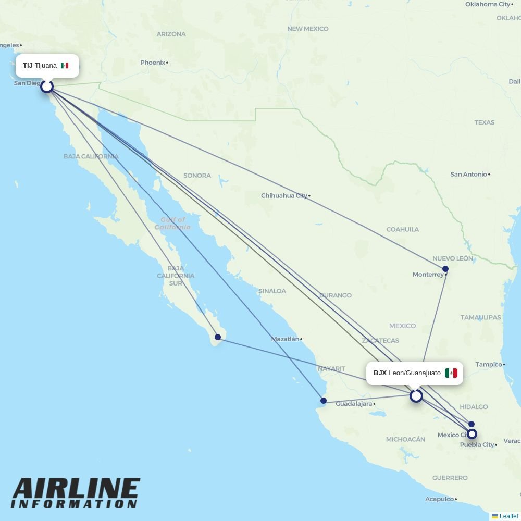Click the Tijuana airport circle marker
47,86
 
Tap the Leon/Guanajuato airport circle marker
416,396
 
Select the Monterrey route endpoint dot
445,269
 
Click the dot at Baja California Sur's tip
218,337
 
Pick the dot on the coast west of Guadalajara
324,401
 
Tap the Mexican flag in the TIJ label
65,66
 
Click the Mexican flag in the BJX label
451,373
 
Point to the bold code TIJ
28,66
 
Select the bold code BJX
380,373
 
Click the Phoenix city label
153,63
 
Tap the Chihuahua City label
284,196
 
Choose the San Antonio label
468,174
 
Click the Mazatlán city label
285,339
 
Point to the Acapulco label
439,499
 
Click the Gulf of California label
173,224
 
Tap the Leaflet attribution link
508,516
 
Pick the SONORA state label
197,176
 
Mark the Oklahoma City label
488,4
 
